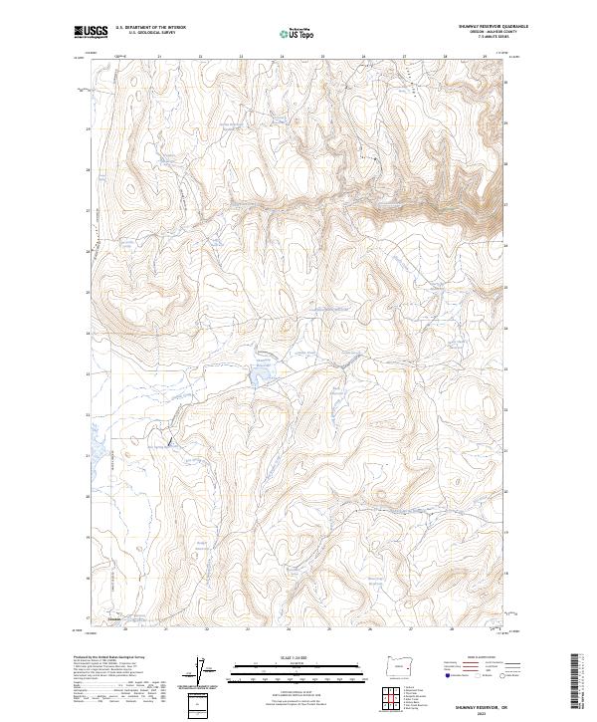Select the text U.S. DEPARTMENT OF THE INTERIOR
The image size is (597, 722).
[150, 28]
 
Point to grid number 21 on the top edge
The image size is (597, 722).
[159, 56]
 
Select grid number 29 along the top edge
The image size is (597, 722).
[485, 56]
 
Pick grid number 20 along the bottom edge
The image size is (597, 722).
[125, 629]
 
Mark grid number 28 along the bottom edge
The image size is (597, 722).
[452, 629]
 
